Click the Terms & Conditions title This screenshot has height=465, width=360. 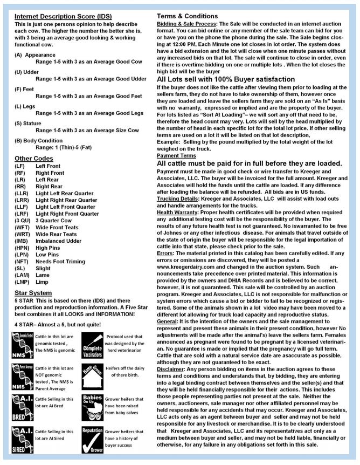click(x=187, y=16)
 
